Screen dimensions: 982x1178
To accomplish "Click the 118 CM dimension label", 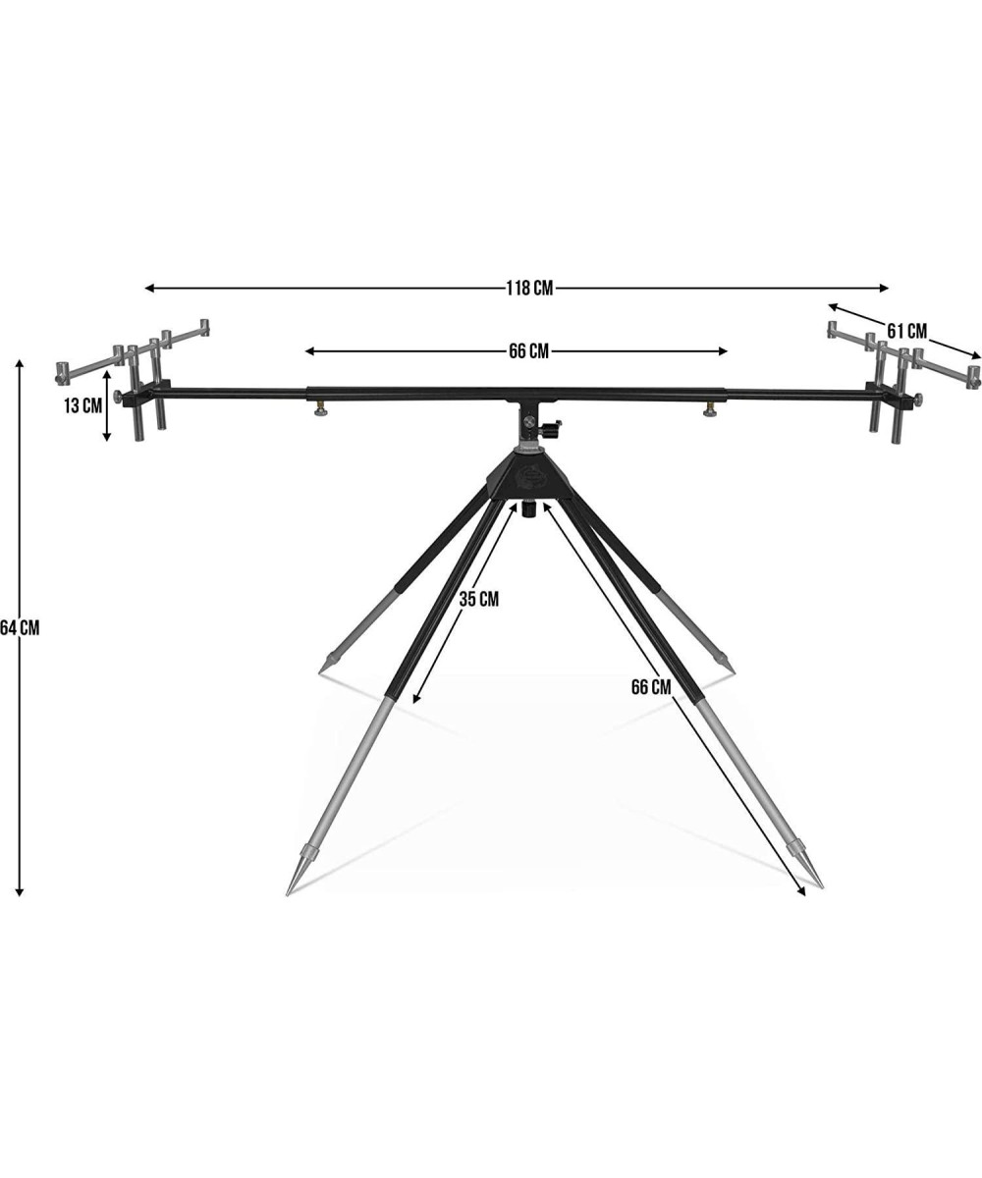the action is (529, 289).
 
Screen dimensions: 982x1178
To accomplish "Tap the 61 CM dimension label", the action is (907, 331).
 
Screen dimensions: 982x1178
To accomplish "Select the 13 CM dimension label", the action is (82, 405).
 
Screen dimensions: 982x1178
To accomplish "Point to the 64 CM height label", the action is (21, 628).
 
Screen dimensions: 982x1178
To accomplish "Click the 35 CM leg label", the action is (478, 599).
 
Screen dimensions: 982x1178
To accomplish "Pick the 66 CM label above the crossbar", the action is (529, 351).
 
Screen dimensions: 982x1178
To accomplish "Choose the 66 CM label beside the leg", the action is (651, 687).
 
